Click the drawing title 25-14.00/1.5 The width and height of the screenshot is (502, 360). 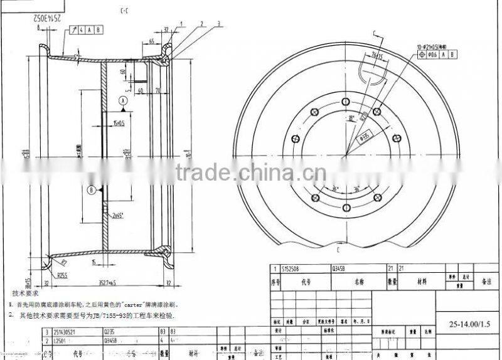click(466, 323)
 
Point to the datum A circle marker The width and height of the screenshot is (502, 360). click(124, 100)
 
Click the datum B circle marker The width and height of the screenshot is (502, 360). click(92, 189)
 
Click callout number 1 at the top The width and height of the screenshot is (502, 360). click(182, 23)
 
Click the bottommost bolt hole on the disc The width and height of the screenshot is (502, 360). click(344, 209)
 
